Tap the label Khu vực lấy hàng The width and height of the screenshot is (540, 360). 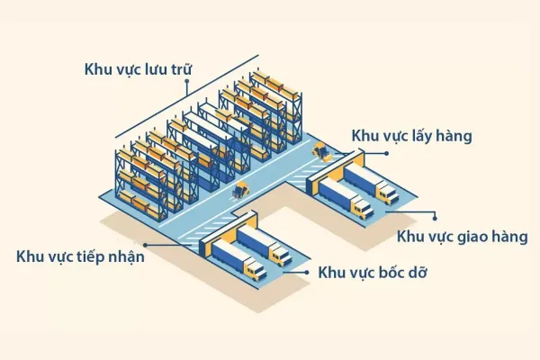pyautogui.click(x=412, y=136)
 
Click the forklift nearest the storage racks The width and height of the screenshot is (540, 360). pyautogui.click(x=240, y=190)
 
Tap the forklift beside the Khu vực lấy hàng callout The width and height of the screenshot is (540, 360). pyautogui.click(x=319, y=152)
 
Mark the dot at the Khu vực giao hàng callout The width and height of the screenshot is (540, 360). pyautogui.click(x=436, y=215)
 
